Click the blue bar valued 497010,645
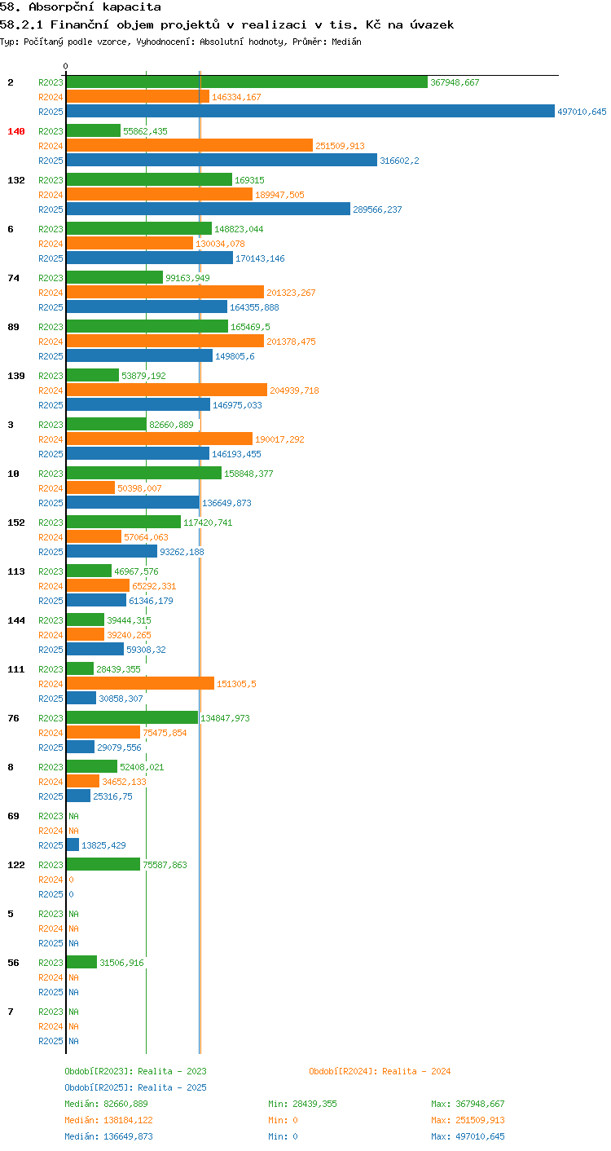pyautogui.click(x=310, y=111)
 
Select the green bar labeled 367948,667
pyautogui.click(x=247, y=82)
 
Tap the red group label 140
pyautogui.click(x=16, y=131)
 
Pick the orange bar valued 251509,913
pyautogui.click(x=190, y=145)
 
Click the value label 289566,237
pyautogui.click(x=377, y=209)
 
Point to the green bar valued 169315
pyautogui.click(x=149, y=180)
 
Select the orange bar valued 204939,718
pyautogui.click(x=167, y=390)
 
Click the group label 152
pyautogui.click(x=16, y=522)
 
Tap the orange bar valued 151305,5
pyautogui.click(x=140, y=683)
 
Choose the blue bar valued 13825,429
pyautogui.click(x=73, y=845)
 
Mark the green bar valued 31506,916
pyautogui.click(x=81, y=962)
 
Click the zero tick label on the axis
pyautogui.click(x=66, y=66)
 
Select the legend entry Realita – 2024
pyautogui.click(x=380, y=1071)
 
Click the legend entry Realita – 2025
pyautogui.click(x=135, y=1087)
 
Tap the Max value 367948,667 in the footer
pyautogui.click(x=480, y=1103)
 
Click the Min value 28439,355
pyautogui.click(x=314, y=1103)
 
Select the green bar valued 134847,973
pyautogui.click(x=133, y=717)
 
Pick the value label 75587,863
pyautogui.click(x=165, y=865)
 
